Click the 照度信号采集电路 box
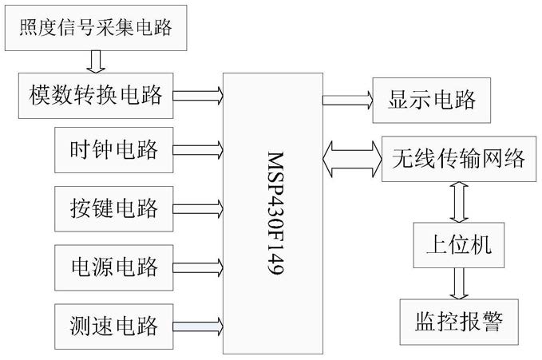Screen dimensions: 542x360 [96, 28]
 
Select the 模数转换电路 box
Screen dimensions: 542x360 [96, 96]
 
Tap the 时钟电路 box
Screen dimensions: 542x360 [113, 150]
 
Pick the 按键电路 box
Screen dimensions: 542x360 [113, 209]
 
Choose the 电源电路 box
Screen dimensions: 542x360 [113, 267]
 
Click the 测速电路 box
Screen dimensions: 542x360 [113, 326]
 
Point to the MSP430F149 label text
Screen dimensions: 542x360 [275, 213]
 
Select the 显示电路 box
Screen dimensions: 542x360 [431, 101]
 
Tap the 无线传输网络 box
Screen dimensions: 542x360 [459, 159]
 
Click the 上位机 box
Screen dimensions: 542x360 [459, 245]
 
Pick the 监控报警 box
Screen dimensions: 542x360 [459, 322]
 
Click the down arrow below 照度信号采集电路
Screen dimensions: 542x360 [96, 62]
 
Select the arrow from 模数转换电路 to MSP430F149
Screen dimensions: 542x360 [198, 96]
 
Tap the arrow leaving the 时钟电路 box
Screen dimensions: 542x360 [198, 150]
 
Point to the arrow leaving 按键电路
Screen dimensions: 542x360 [198, 209]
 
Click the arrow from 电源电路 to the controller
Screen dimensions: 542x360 [198, 267]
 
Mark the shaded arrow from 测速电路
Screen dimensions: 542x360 [198, 326]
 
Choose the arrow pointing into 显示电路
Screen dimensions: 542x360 [348, 101]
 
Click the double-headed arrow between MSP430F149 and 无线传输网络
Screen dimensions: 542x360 [352, 159]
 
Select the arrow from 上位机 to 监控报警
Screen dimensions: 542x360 [459, 283]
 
